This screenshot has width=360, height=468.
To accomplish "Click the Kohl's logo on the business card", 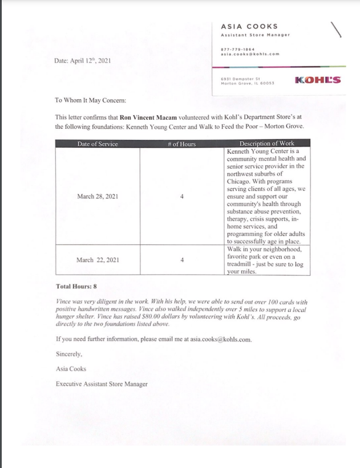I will [318, 80].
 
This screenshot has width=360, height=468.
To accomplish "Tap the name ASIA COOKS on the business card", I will [249, 26].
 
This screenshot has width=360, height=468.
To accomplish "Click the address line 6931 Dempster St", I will [240, 78].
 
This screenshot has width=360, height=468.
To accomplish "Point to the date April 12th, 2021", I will [82, 60].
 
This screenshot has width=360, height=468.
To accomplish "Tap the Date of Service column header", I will [98, 144].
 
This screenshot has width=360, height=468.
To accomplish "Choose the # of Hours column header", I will [181, 144].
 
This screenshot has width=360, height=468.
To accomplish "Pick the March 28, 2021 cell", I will [98, 196].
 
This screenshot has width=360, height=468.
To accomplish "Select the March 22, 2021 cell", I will [98, 260].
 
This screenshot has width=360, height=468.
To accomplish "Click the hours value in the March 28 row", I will [181, 196].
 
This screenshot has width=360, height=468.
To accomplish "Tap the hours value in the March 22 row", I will [181, 260].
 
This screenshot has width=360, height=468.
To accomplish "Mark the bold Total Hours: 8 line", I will [76, 286].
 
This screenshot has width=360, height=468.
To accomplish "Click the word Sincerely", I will [69, 354].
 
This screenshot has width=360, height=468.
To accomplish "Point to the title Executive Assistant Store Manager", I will [102, 384].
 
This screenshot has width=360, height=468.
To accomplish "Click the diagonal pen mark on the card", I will [336, 30].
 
